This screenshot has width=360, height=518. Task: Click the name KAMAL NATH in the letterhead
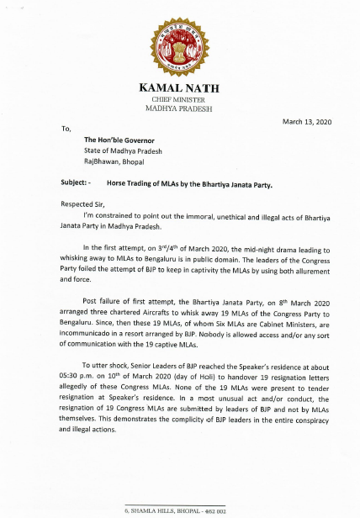pyautogui.click(x=180, y=88)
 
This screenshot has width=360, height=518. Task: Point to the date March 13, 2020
pyautogui.click(x=307, y=122)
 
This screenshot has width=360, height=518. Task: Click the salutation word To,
pyautogui.click(x=66, y=129)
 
